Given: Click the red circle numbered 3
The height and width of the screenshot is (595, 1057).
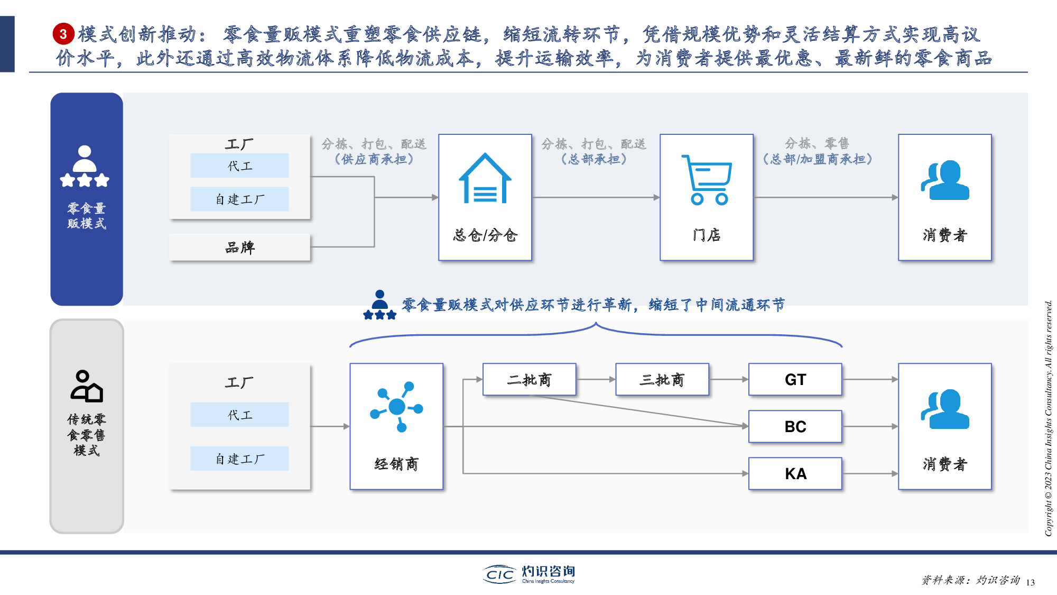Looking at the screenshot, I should pyautogui.click(x=63, y=34).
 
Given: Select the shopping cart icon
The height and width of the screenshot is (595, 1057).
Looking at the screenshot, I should pyautogui.click(x=707, y=180).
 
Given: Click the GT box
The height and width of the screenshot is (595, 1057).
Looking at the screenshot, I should pyautogui.click(x=795, y=379).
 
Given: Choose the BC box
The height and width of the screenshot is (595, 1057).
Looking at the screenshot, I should pyautogui.click(x=795, y=426).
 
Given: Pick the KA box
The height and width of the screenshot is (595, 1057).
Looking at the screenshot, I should pyautogui.click(x=795, y=473).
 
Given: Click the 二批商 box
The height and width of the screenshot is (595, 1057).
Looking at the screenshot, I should pyautogui.click(x=529, y=379).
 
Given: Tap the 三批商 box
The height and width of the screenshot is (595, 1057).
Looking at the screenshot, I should pyautogui.click(x=662, y=379).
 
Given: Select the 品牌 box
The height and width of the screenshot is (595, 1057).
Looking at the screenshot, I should pyautogui.click(x=239, y=247).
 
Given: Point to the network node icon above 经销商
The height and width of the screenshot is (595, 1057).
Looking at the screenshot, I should pyautogui.click(x=396, y=406).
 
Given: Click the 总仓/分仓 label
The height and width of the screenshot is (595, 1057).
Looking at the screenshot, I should pyautogui.click(x=485, y=235).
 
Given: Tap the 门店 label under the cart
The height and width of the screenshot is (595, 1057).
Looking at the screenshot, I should pyautogui.click(x=707, y=235).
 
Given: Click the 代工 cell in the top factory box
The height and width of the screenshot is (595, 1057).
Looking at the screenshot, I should pyautogui.click(x=239, y=166).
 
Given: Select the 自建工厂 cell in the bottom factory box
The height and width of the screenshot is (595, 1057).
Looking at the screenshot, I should pyautogui.click(x=239, y=459).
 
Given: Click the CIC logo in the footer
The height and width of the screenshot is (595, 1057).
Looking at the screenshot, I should pyautogui.click(x=499, y=574).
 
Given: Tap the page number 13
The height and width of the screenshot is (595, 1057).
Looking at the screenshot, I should pyautogui.click(x=1030, y=582).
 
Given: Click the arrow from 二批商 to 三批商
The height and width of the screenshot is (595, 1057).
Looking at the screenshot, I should pyautogui.click(x=596, y=379).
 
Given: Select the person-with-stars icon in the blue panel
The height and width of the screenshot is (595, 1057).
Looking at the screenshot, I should pyautogui.click(x=85, y=166).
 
